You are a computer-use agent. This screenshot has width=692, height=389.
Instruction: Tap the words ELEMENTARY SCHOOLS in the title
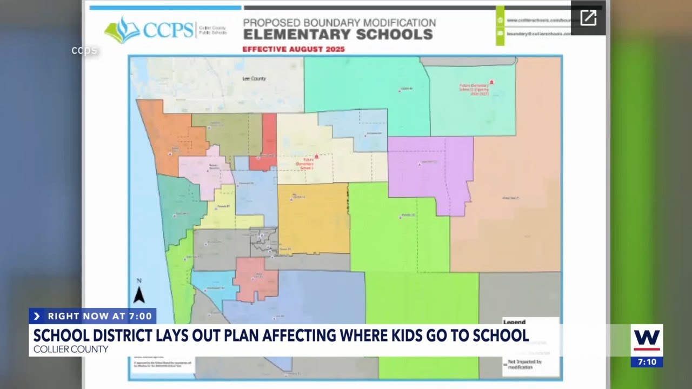pos(338,35)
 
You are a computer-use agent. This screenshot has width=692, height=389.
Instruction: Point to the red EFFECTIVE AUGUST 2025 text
pos(294,49)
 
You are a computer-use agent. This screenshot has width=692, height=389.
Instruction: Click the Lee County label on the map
pos(254,79)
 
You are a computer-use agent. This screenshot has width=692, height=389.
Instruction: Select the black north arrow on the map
pos(139,294)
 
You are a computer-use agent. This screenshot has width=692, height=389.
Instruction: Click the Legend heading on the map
pos(514,322)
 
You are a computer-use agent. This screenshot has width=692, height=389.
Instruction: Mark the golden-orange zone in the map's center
pos(314,219)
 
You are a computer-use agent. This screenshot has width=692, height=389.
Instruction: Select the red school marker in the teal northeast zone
pos(491,82)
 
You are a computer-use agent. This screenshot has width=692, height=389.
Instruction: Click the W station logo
pos(647,340)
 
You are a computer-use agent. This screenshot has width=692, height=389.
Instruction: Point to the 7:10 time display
pos(647,361)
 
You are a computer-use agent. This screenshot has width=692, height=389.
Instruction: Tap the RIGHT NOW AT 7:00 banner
pos(92,316)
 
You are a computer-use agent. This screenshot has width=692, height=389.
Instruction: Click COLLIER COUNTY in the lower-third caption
pos(71,349)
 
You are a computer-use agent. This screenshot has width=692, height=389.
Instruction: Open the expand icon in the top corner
pos(588,18)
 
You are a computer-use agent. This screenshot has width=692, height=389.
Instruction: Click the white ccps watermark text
pos(84,50)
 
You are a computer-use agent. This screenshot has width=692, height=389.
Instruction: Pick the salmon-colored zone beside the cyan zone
pos(256,278)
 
